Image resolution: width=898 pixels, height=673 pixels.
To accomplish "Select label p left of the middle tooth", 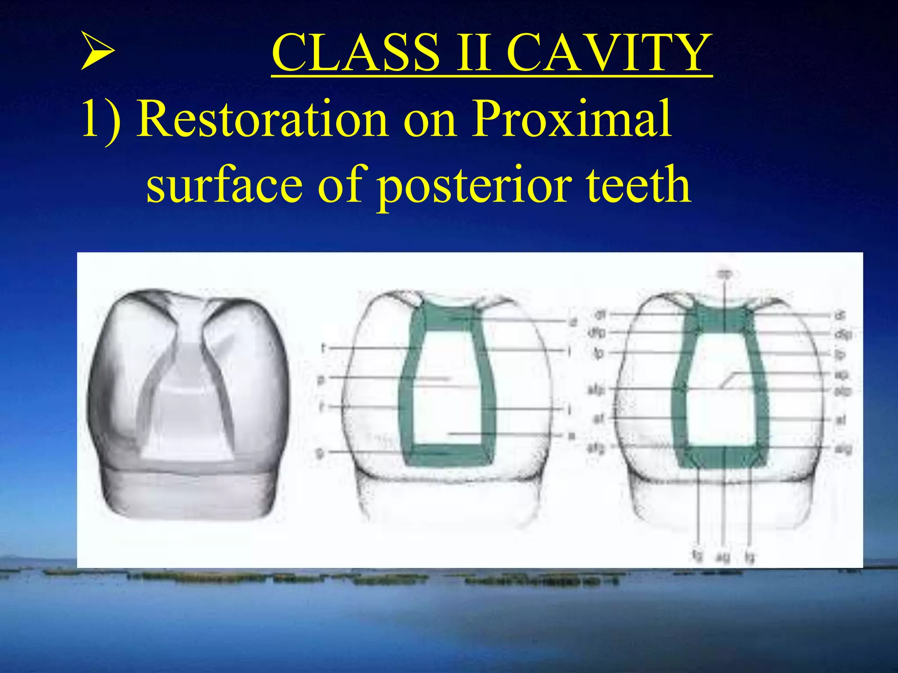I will pyautogui.click(x=321, y=379).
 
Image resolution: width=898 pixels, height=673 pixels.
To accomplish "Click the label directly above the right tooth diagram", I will pyautogui.click(x=724, y=274).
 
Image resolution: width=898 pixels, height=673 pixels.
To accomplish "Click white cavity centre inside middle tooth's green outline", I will pyautogui.click(x=447, y=394).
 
